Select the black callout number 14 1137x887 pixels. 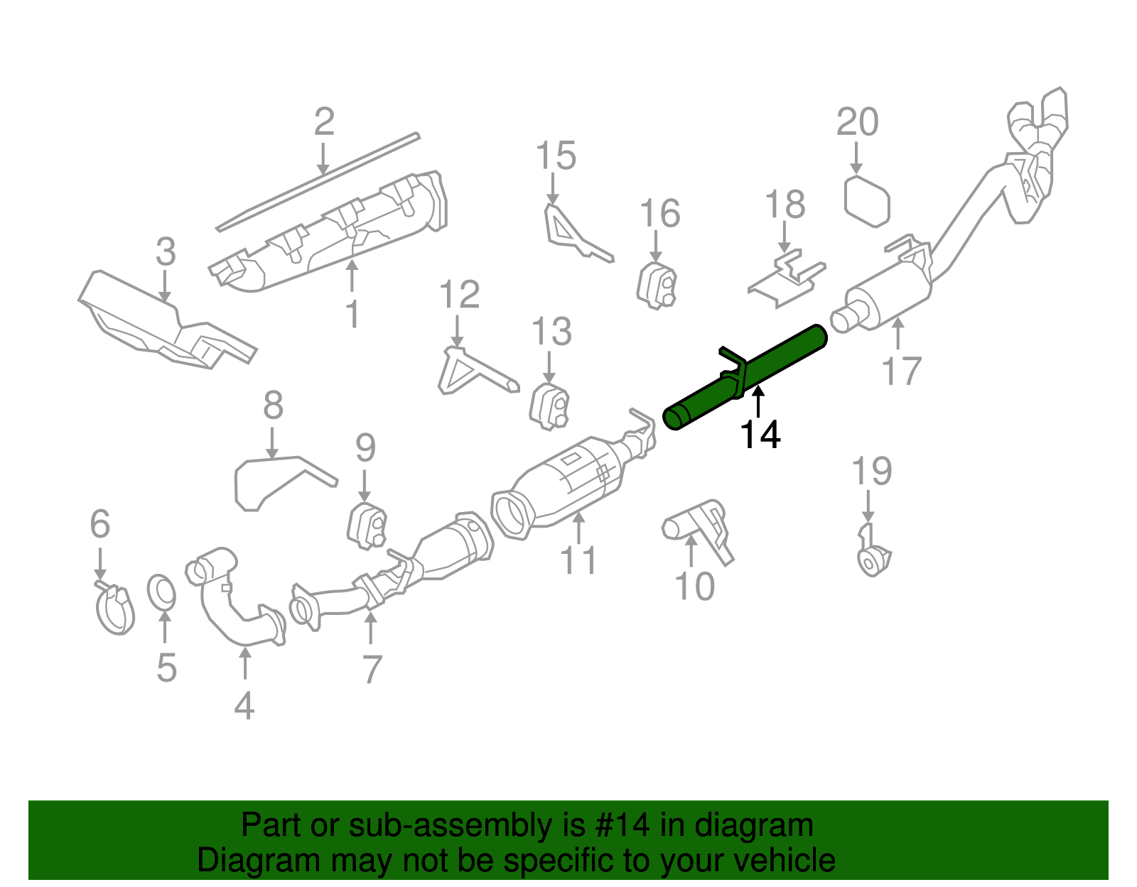[760, 435]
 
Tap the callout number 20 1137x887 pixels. [857, 122]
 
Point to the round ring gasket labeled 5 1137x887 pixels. [162, 593]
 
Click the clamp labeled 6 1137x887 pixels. [114, 609]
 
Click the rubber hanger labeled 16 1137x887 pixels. [657, 286]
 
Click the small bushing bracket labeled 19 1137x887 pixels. [873, 554]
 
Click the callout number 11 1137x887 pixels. [578, 561]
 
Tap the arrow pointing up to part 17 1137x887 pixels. [898, 334]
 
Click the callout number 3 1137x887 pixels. [165, 252]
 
